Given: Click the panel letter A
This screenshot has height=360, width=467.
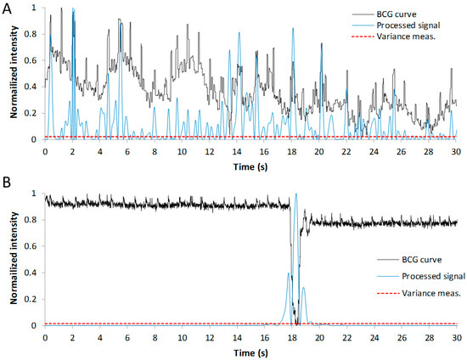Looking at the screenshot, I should (6, 7).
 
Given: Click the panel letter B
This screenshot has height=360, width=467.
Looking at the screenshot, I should (6, 182).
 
